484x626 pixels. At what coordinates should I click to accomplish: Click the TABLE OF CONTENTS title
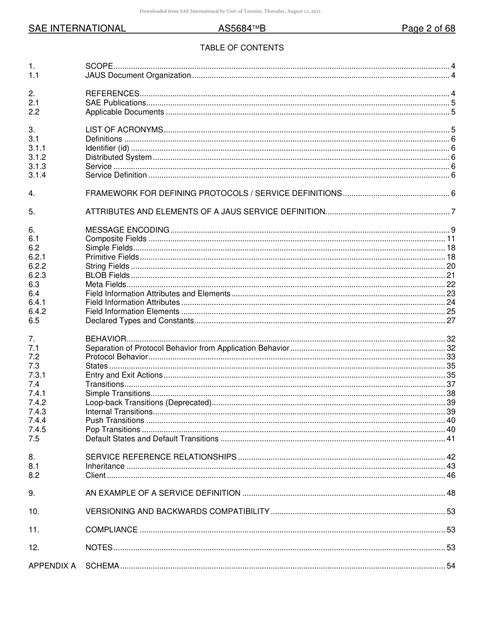click(x=241, y=48)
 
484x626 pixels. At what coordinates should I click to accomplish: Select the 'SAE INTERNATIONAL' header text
click(x=77, y=29)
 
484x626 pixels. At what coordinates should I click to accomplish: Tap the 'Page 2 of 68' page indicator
click(x=428, y=29)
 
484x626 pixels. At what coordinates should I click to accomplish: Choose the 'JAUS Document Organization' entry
click(x=138, y=76)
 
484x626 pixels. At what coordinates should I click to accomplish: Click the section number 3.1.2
click(x=37, y=157)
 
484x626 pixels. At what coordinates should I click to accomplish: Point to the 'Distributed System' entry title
click(x=118, y=157)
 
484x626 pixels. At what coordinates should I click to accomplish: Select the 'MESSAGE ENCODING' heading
click(x=127, y=230)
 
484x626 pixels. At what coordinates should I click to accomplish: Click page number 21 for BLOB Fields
click(x=450, y=275)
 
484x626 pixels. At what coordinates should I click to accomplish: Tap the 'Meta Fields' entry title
click(x=105, y=284)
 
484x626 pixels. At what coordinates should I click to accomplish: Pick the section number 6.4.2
click(x=37, y=311)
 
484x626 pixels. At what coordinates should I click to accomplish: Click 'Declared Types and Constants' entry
click(x=140, y=321)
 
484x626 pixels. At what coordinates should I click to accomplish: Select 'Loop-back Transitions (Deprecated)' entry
click(x=148, y=403)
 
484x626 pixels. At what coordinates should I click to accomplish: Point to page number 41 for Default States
click(x=450, y=439)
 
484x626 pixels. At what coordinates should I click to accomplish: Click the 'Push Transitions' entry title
click(x=115, y=420)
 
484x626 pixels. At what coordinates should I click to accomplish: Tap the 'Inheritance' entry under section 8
click(x=105, y=466)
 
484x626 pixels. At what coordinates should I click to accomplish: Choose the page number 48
click(x=450, y=493)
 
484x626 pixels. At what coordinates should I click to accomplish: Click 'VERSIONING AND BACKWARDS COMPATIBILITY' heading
click(x=177, y=511)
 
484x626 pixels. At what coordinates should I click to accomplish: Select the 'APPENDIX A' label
click(x=52, y=566)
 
